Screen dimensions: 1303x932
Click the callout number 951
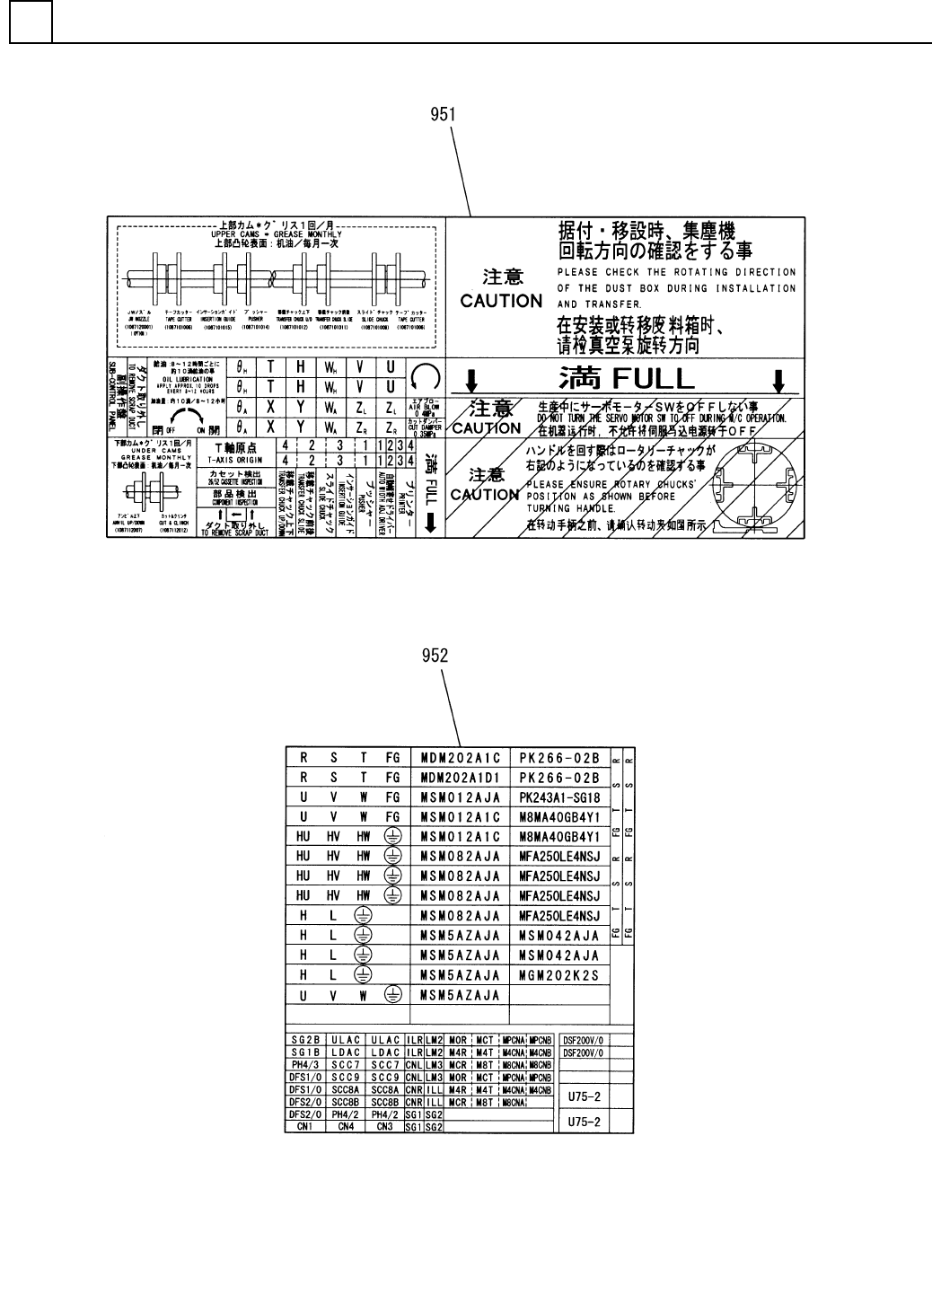click(x=442, y=115)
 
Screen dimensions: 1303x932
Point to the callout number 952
click(x=435, y=656)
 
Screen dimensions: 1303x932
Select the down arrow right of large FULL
click(x=778, y=380)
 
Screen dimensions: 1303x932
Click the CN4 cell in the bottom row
click(x=346, y=1126)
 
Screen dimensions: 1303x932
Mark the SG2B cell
click(x=305, y=1040)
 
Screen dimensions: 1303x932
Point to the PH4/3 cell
click(x=305, y=1064)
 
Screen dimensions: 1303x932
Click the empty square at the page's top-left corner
click(x=31, y=22)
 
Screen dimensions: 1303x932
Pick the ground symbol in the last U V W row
click(x=391, y=994)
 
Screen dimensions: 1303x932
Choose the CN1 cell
click(x=305, y=1126)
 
